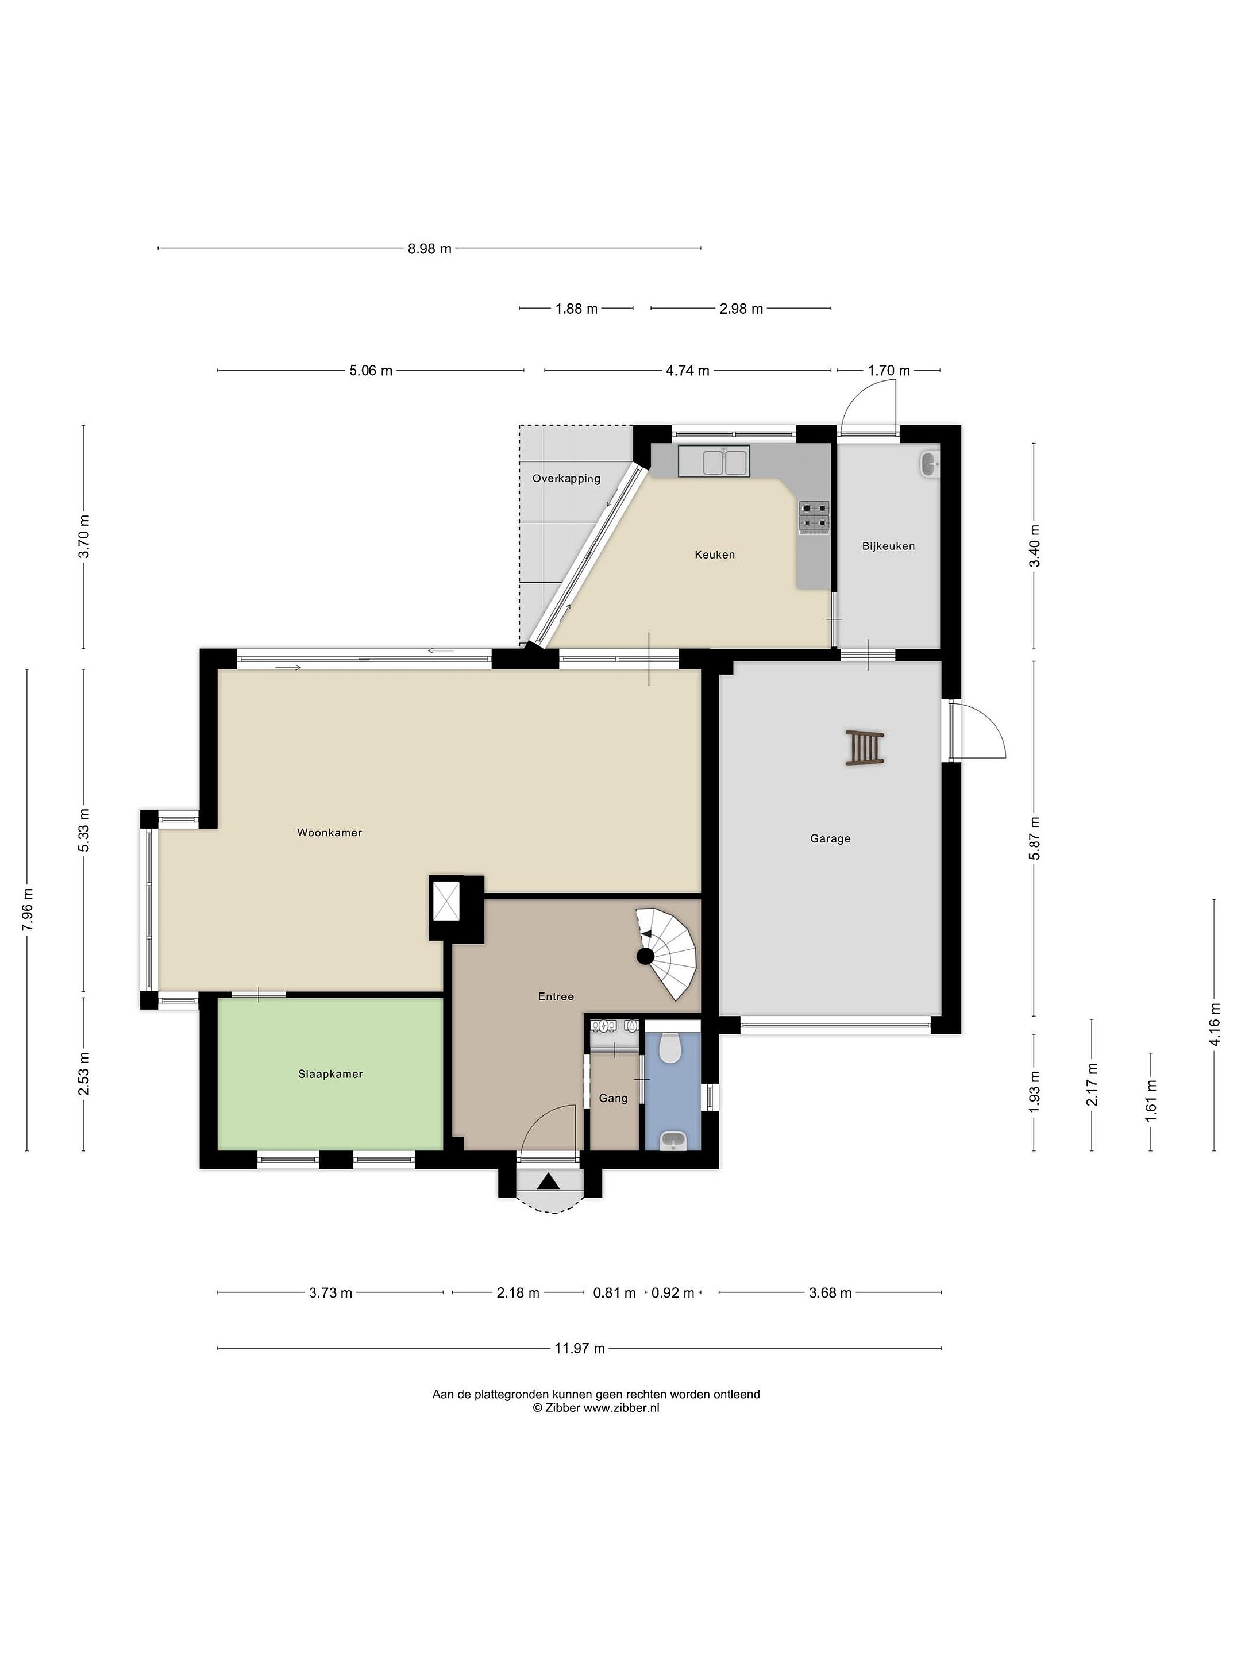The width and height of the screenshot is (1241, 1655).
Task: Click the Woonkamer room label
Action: click(x=329, y=832)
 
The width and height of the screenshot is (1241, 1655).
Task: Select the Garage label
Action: click(x=830, y=839)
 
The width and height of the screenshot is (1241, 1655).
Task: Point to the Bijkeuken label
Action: click(x=888, y=546)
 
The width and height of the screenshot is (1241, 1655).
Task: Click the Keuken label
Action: click(x=714, y=555)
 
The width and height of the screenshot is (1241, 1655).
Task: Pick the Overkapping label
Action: click(x=566, y=479)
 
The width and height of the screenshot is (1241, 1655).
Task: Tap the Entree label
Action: click(x=556, y=996)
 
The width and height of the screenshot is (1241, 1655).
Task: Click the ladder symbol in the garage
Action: click(x=865, y=748)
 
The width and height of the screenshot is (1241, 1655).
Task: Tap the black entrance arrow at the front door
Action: click(x=548, y=1182)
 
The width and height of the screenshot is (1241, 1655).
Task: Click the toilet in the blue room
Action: click(x=671, y=1048)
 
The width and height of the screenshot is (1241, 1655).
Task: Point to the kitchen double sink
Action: click(x=714, y=461)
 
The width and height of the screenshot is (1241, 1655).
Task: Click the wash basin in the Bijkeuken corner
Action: click(x=928, y=464)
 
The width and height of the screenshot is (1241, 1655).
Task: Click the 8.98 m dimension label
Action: click(x=429, y=248)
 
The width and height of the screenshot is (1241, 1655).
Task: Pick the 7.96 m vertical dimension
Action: click(x=28, y=909)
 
